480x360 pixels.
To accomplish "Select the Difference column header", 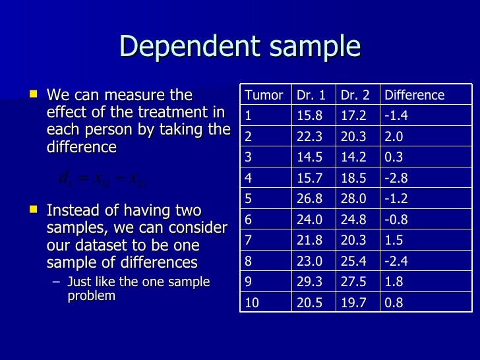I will pyautogui.click(x=414, y=95).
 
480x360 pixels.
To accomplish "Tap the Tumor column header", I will pyautogui.click(x=264, y=95).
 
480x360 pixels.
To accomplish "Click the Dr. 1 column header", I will pyautogui.click(x=311, y=95).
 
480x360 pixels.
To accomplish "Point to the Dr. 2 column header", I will pyautogui.click(x=355, y=95).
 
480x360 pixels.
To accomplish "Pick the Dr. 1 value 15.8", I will pyautogui.click(x=309, y=116).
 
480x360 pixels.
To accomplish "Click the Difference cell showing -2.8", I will pyautogui.click(x=396, y=179).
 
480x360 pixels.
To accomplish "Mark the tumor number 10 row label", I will pyautogui.click(x=251, y=304).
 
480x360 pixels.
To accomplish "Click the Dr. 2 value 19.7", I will pyautogui.click(x=353, y=304).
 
